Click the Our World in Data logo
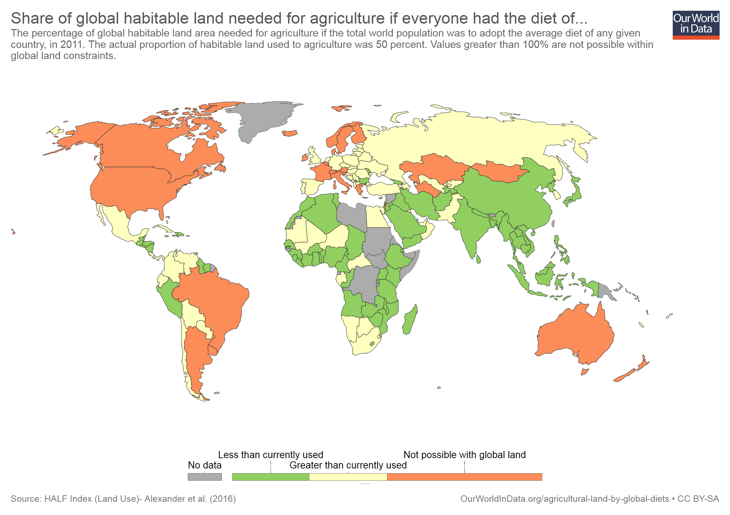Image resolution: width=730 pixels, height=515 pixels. [696, 25]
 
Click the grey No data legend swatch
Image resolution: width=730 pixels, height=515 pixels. [204, 477]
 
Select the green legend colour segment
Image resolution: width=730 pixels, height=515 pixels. [271, 477]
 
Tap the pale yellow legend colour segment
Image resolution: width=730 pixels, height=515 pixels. [348, 477]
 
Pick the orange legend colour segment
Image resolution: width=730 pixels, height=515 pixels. [464, 477]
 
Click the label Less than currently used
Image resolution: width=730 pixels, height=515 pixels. [271, 455]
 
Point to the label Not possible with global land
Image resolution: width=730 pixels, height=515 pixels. [464, 455]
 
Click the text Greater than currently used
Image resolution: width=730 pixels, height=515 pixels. [348, 465]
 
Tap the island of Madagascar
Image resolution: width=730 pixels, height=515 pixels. [410, 320]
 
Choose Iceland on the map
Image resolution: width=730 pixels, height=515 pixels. [290, 133]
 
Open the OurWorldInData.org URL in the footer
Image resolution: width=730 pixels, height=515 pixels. [564, 499]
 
